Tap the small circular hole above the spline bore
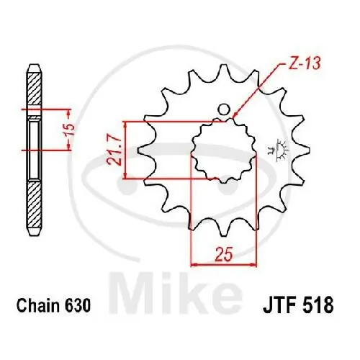tap(223, 110)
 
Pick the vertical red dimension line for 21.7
tap(126, 149)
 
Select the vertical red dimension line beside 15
tap(69, 130)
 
